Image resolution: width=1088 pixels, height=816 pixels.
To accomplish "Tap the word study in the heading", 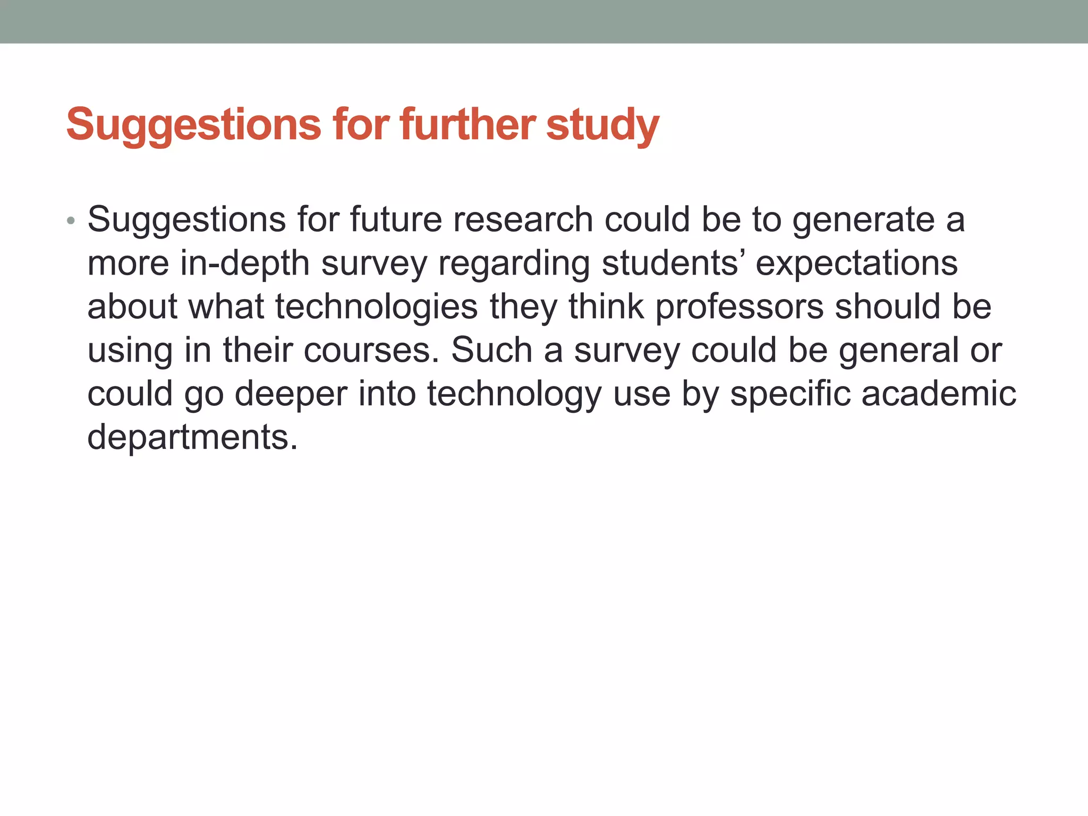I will click(602, 125).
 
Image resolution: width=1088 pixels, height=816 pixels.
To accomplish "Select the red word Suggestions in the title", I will click(193, 125).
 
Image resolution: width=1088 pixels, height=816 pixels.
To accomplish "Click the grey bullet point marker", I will click(71, 220).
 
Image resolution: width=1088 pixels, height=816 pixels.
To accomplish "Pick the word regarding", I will click(514, 264).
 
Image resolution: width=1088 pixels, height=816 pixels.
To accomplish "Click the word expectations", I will click(856, 264).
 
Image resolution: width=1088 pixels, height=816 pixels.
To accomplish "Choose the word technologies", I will click(376, 308).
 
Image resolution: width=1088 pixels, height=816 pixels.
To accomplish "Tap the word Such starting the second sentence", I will click(491, 351).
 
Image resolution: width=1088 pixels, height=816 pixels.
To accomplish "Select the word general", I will click(898, 351).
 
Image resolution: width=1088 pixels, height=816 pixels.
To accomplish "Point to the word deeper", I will click(291, 395).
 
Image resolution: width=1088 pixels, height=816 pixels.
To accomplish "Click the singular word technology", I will click(514, 395).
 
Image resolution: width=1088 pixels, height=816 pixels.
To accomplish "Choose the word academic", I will click(939, 394).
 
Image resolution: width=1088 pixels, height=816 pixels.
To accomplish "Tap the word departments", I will click(192, 438).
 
